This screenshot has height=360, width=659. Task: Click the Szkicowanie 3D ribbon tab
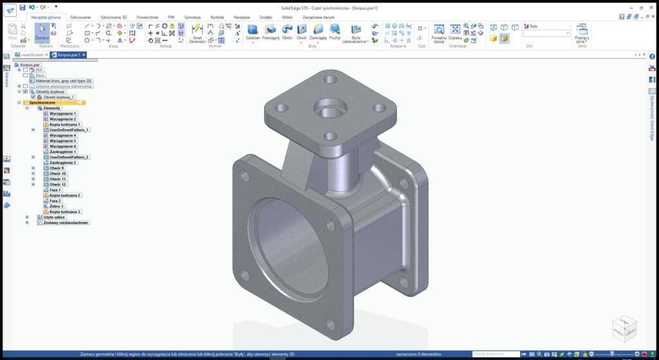(x=113, y=17)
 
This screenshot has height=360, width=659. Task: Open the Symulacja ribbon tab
(x=192, y=17)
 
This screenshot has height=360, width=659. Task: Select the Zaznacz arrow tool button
(x=41, y=33)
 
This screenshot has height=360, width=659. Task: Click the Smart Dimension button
(x=198, y=33)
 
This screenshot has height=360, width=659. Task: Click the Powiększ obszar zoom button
(x=438, y=33)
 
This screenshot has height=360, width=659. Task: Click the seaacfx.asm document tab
(x=31, y=55)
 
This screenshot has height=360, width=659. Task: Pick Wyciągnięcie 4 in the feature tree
(x=62, y=136)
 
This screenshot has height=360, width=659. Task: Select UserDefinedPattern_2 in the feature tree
(x=69, y=157)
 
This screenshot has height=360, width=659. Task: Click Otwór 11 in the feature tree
(x=58, y=179)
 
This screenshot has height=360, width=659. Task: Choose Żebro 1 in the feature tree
(x=57, y=206)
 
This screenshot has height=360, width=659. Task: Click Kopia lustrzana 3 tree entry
(x=65, y=212)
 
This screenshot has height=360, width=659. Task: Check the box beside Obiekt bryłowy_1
(x=33, y=97)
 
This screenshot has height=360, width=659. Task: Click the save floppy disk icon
(x=23, y=7)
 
